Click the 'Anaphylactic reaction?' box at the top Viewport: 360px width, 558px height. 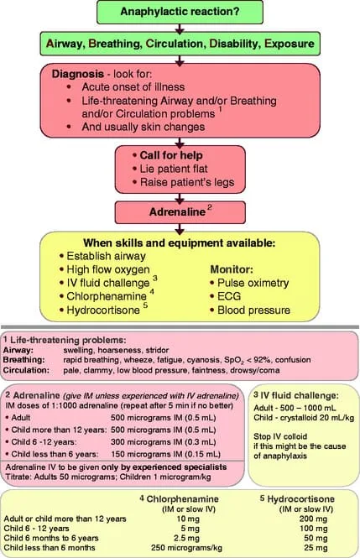tap(180, 12)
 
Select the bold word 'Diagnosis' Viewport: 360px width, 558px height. tap(78, 74)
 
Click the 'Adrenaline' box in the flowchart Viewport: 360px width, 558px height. tap(180, 212)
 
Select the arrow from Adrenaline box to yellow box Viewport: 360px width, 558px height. tap(180, 228)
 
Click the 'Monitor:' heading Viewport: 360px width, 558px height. tap(232, 269)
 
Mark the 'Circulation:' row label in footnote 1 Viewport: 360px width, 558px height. tap(26, 370)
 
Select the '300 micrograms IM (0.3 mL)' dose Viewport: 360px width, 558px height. tap(164, 442)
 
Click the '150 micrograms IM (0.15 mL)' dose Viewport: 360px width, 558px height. tap(166, 454)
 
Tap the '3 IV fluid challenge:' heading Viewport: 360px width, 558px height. tap(296, 395)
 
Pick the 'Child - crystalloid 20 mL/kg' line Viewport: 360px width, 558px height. tap(304, 417)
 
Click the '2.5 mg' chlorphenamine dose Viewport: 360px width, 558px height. tap(188, 538)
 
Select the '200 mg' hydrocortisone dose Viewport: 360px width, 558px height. tap(313, 519)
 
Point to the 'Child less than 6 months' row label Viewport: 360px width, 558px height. tap(50, 548)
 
